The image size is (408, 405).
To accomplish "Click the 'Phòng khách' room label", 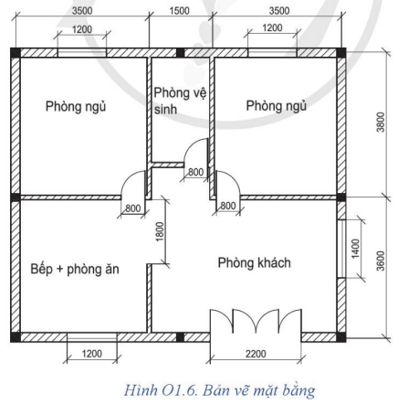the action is [x=255, y=262].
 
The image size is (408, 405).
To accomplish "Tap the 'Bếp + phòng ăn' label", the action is [x=75, y=269].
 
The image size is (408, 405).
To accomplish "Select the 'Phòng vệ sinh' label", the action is [x=180, y=101].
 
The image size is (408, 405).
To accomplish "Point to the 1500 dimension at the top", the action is [x=180, y=11].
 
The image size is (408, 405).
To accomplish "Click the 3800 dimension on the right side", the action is [x=381, y=123].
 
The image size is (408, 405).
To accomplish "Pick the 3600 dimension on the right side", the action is [x=381, y=261].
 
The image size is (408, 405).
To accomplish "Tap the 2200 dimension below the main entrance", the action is [x=256, y=354].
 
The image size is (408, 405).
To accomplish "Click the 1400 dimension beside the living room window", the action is [x=355, y=249].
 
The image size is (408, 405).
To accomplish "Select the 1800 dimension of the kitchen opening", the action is [x=160, y=232].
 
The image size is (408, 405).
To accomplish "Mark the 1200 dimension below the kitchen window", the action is [x=92, y=354].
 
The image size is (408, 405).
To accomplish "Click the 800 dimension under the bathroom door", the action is [x=195, y=172].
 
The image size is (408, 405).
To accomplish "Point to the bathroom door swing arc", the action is [x=192, y=145].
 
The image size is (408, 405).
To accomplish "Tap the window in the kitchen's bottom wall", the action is [x=92, y=337].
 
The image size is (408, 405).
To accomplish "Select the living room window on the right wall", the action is [x=341, y=249].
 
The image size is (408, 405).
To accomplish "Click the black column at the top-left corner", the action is [x=16, y=52].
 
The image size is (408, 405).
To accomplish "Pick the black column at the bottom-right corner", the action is [x=341, y=337].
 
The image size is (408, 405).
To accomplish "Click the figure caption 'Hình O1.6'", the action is [x=161, y=390].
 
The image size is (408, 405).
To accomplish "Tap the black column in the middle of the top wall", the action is [x=181, y=53].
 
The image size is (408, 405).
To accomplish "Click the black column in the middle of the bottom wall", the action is [x=181, y=337].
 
